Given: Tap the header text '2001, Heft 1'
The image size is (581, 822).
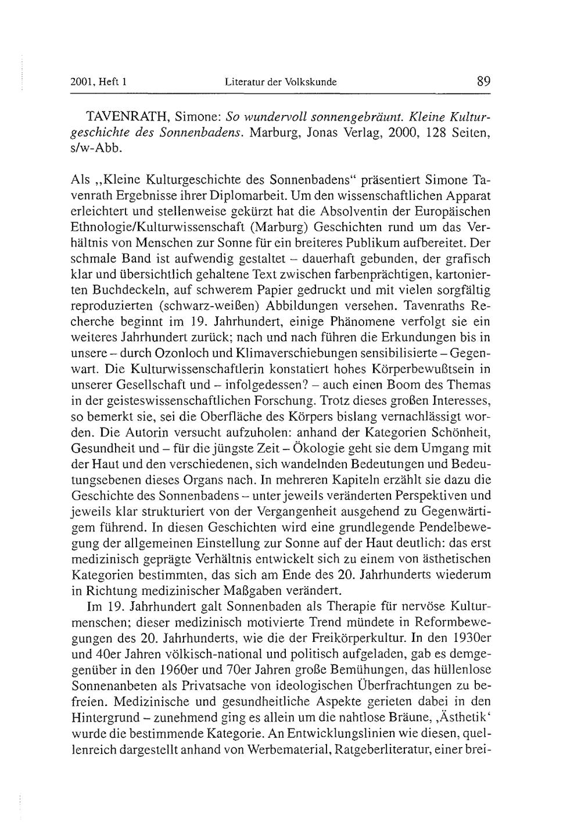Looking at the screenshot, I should coord(98,82).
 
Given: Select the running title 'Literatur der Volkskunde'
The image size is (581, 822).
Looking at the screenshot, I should coord(281,82).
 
